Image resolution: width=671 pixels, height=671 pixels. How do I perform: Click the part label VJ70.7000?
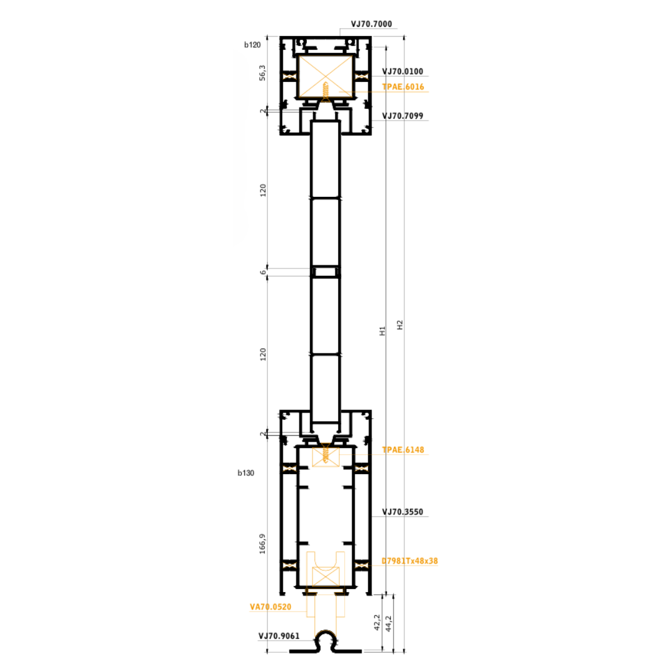click(x=372, y=24)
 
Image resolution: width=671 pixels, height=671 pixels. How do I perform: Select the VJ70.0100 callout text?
click(x=403, y=71)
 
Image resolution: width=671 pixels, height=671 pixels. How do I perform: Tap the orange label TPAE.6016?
click(x=403, y=87)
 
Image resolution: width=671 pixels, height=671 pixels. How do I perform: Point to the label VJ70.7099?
click(x=403, y=116)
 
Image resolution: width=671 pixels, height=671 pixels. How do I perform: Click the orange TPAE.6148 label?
click(x=403, y=450)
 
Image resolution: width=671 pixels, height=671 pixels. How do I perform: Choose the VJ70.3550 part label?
click(x=403, y=512)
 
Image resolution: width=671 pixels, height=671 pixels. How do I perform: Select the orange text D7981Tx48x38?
click(x=409, y=561)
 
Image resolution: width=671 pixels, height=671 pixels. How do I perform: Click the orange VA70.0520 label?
click(x=270, y=607)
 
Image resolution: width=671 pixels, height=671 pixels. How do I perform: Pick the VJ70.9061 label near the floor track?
click(x=279, y=636)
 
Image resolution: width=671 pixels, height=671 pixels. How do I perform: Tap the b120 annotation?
click(x=252, y=45)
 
